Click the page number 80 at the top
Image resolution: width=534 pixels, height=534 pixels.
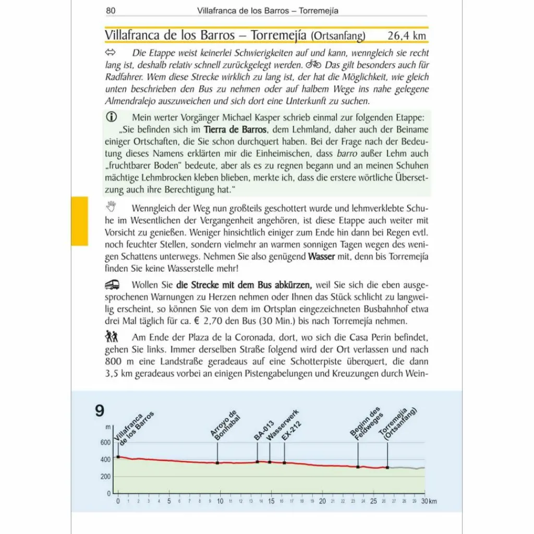(x=110, y=10)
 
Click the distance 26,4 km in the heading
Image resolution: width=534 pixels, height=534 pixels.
(x=407, y=35)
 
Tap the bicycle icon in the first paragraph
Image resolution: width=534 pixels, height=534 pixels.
(x=313, y=65)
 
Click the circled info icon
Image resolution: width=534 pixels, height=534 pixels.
(x=112, y=117)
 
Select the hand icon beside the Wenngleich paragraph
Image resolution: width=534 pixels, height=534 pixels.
(x=112, y=207)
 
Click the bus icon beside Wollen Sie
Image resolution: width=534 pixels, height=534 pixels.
(x=112, y=284)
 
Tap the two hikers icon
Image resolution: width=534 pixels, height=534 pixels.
(x=112, y=335)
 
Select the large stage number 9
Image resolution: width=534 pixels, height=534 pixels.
(x=100, y=411)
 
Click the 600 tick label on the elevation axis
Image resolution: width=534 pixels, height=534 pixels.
(x=105, y=442)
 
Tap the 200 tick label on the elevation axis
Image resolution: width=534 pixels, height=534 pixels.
(x=105, y=476)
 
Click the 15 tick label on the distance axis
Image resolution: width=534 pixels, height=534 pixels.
(x=271, y=501)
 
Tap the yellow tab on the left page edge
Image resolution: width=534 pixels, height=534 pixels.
(x=79, y=221)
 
